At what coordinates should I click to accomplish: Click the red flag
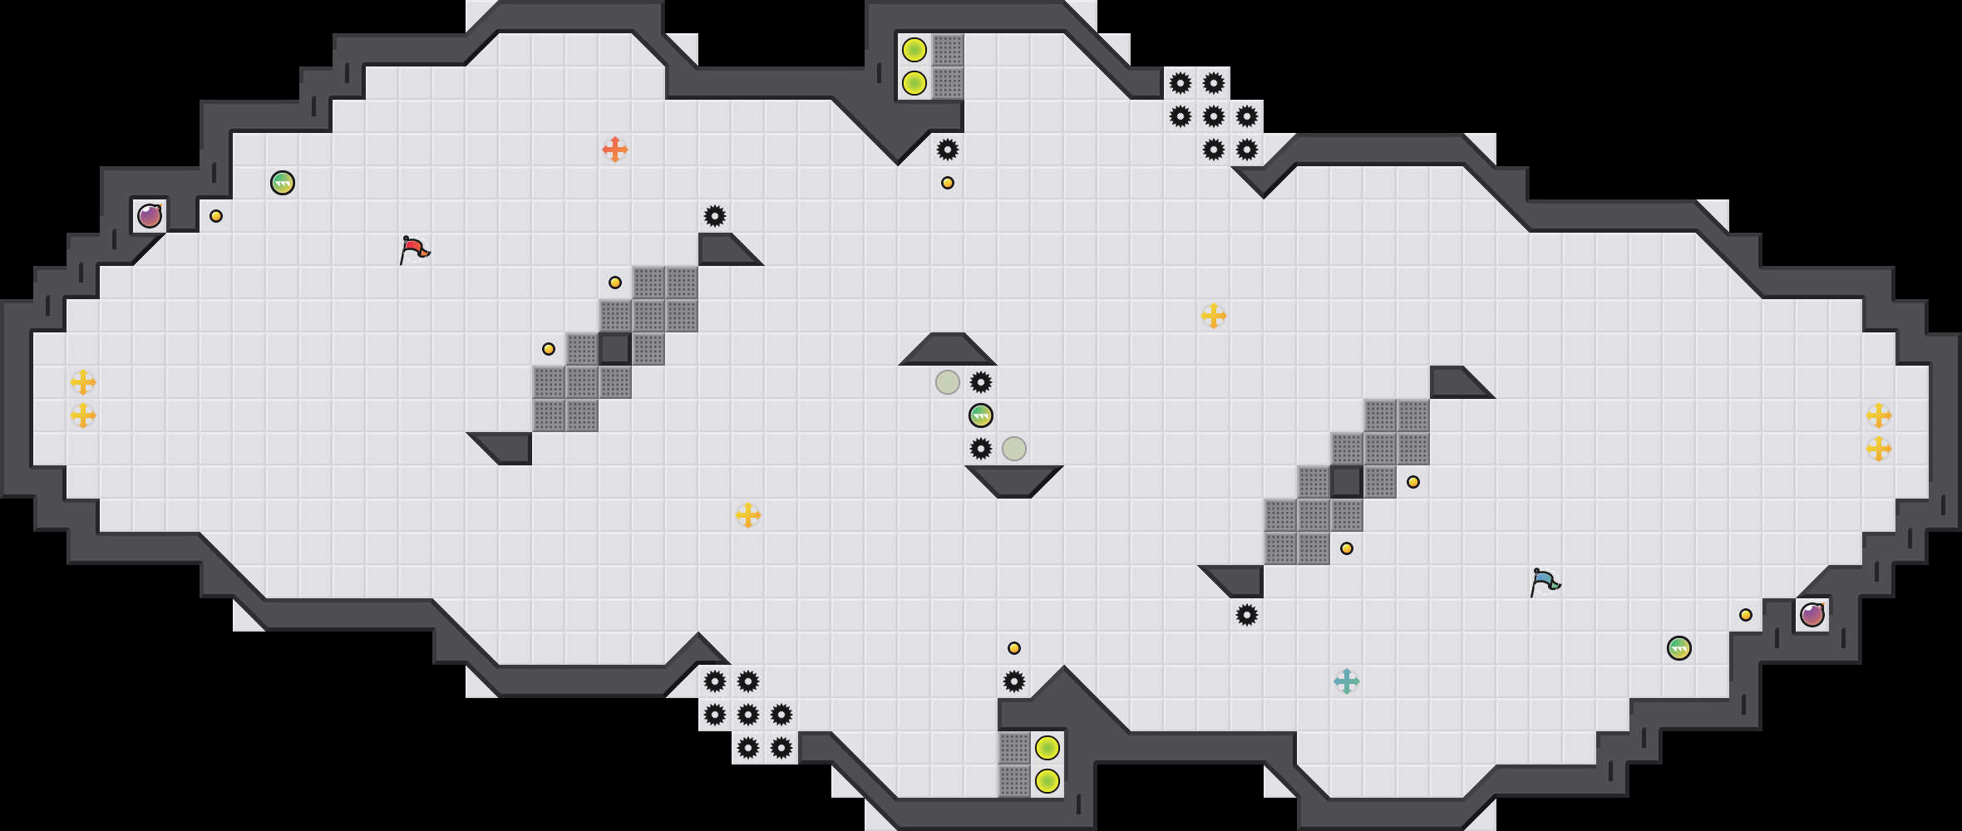click(x=413, y=248)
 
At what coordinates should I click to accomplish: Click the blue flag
click(x=1544, y=581)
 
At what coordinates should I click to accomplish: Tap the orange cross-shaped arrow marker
click(x=615, y=150)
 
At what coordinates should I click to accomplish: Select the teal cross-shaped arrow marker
click(x=1347, y=681)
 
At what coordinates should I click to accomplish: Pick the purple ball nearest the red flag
click(x=150, y=216)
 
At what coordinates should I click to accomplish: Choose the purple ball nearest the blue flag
click(x=1812, y=615)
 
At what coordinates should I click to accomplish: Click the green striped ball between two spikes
click(x=981, y=415)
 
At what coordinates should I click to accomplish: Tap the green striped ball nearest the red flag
click(x=283, y=183)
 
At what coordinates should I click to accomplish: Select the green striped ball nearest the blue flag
click(x=1679, y=648)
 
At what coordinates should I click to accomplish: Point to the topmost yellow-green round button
click(x=914, y=50)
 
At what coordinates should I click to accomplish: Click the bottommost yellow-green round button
click(x=1048, y=781)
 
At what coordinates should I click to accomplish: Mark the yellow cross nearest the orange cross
click(x=748, y=515)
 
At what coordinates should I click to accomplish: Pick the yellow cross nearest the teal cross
click(x=1214, y=316)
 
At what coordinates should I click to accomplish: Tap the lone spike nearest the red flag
click(x=715, y=216)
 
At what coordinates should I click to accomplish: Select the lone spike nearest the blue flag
click(x=1247, y=615)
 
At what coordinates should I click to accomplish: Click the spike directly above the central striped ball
click(x=981, y=382)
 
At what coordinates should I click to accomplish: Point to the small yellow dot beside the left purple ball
click(x=216, y=216)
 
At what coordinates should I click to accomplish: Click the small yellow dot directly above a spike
click(x=1014, y=648)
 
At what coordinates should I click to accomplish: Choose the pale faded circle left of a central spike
click(x=948, y=382)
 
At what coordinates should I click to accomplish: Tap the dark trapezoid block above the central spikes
click(x=948, y=350)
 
